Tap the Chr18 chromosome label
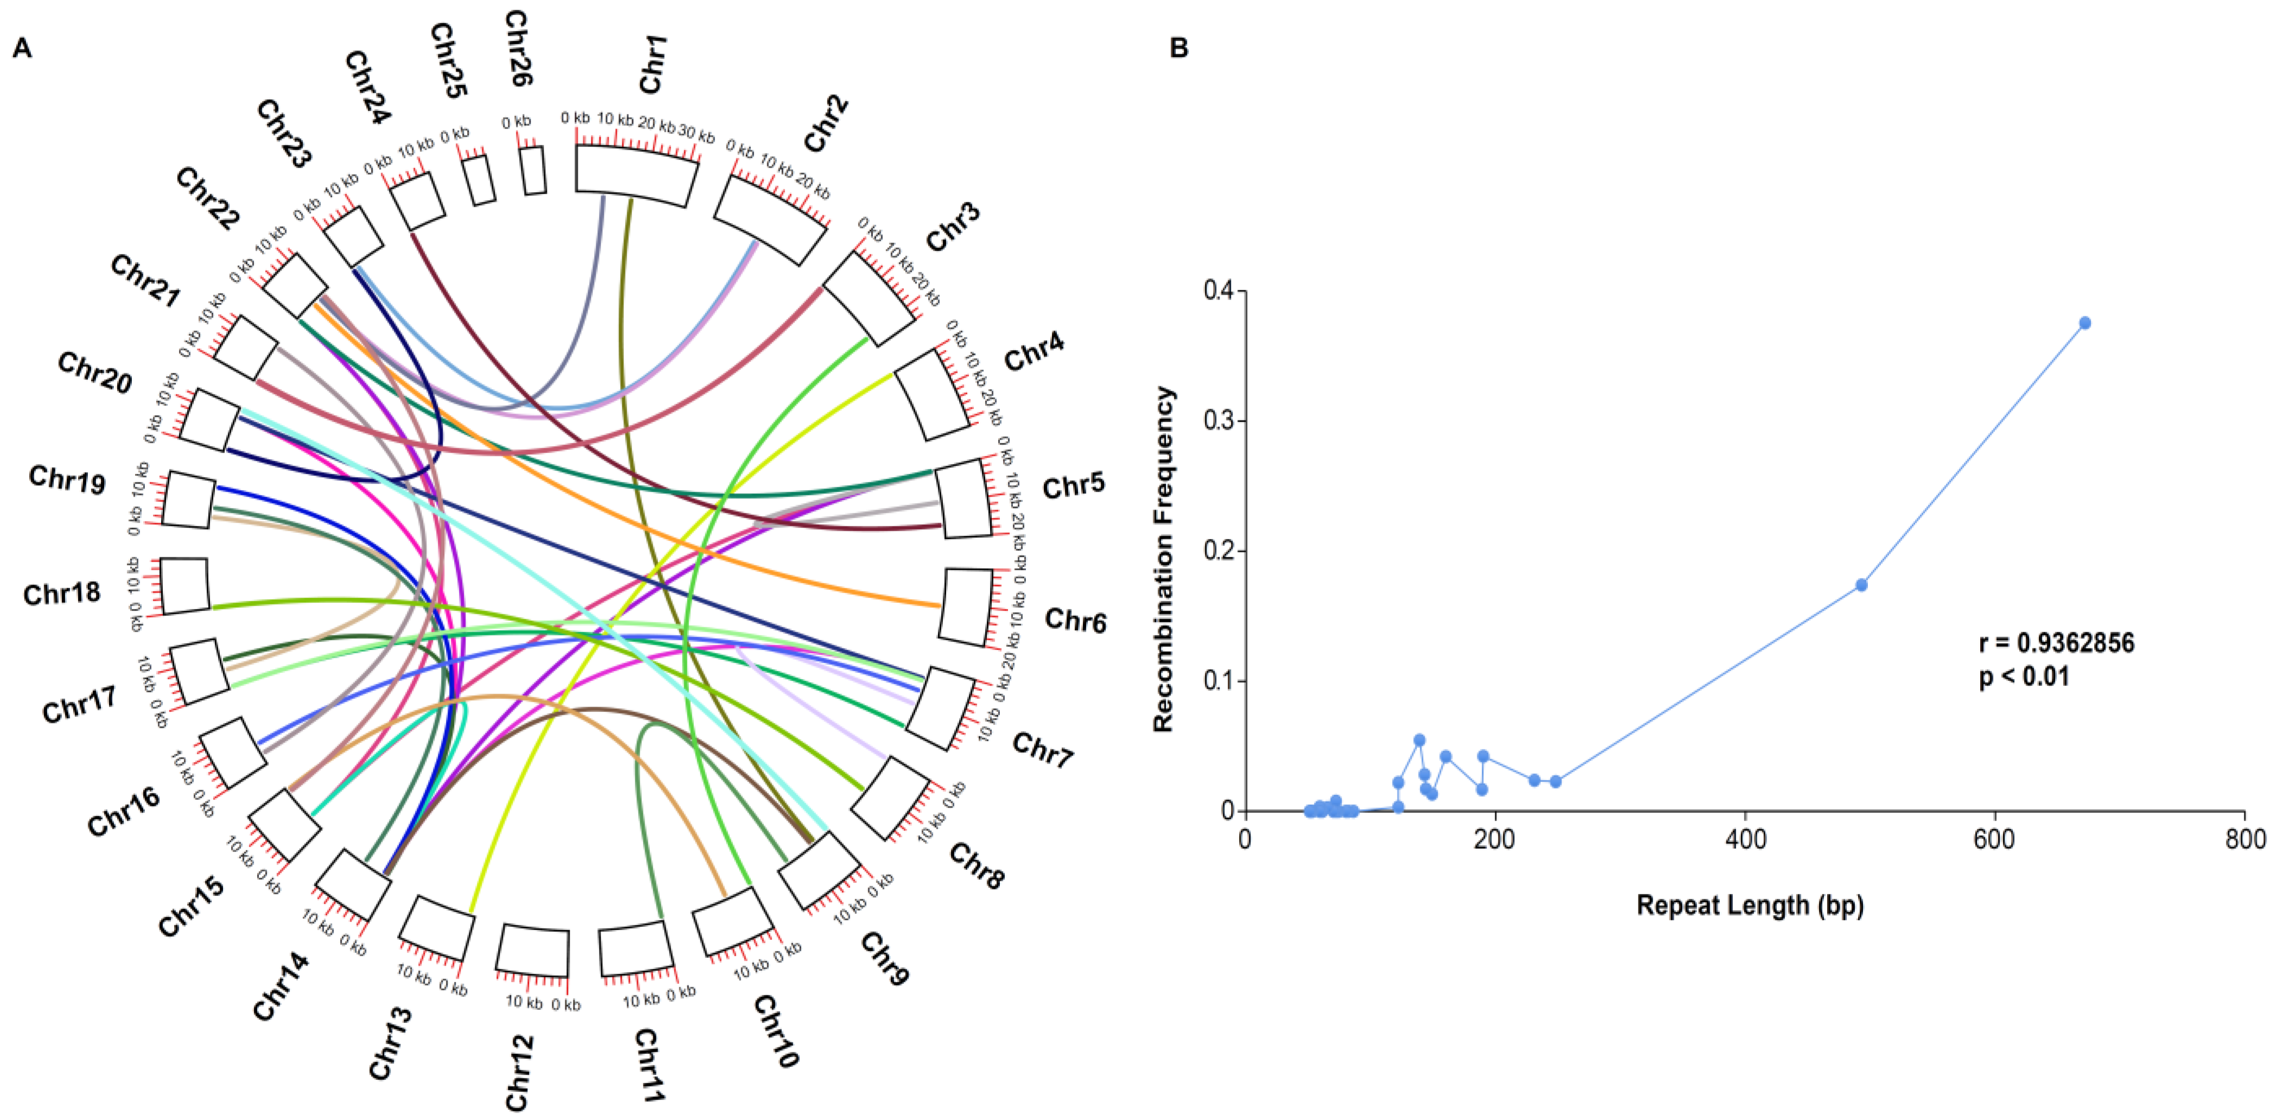(62, 594)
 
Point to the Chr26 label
(518, 48)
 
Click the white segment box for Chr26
(533, 170)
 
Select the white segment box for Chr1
(636, 175)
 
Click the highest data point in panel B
(2085, 323)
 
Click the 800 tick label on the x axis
(2244, 838)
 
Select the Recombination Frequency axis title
(1165, 559)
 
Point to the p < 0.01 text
(2024, 677)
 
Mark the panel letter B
(1179, 48)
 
